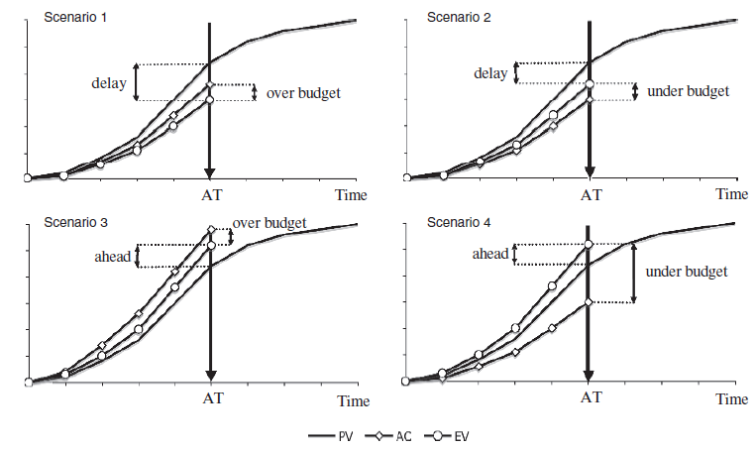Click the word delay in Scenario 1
point(108,82)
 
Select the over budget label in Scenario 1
point(303,92)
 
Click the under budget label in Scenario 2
point(688,91)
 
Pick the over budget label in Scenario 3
point(269,222)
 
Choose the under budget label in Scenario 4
point(687,271)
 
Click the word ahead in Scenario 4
point(490,255)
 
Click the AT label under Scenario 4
point(591,397)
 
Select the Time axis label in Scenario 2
point(732,194)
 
